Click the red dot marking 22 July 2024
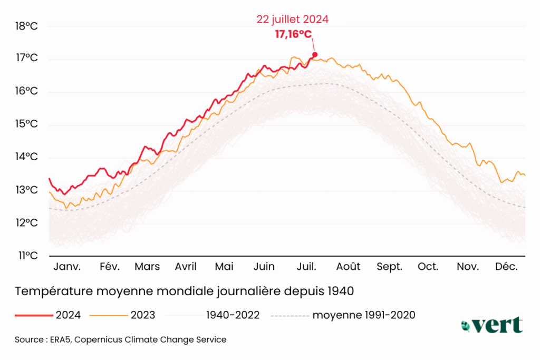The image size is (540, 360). tap(315, 54)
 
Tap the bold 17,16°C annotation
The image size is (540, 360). tap(293, 35)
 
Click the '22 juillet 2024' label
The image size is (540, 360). tap(293, 20)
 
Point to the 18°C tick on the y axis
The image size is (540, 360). tap(27, 26)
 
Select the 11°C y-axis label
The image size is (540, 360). tap(27, 256)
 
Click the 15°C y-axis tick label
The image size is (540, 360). tap(27, 124)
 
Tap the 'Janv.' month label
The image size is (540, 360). tap(67, 267)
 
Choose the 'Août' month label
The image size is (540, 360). tap(348, 267)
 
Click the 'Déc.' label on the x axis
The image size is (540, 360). tap(506, 267)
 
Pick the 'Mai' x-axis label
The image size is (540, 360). tap(224, 267)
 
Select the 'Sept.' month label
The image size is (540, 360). tap(389, 267)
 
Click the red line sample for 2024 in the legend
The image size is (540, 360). tap(33, 315)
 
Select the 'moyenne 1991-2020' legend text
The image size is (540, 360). tap(364, 315)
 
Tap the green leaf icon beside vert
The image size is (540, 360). tap(466, 326)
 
